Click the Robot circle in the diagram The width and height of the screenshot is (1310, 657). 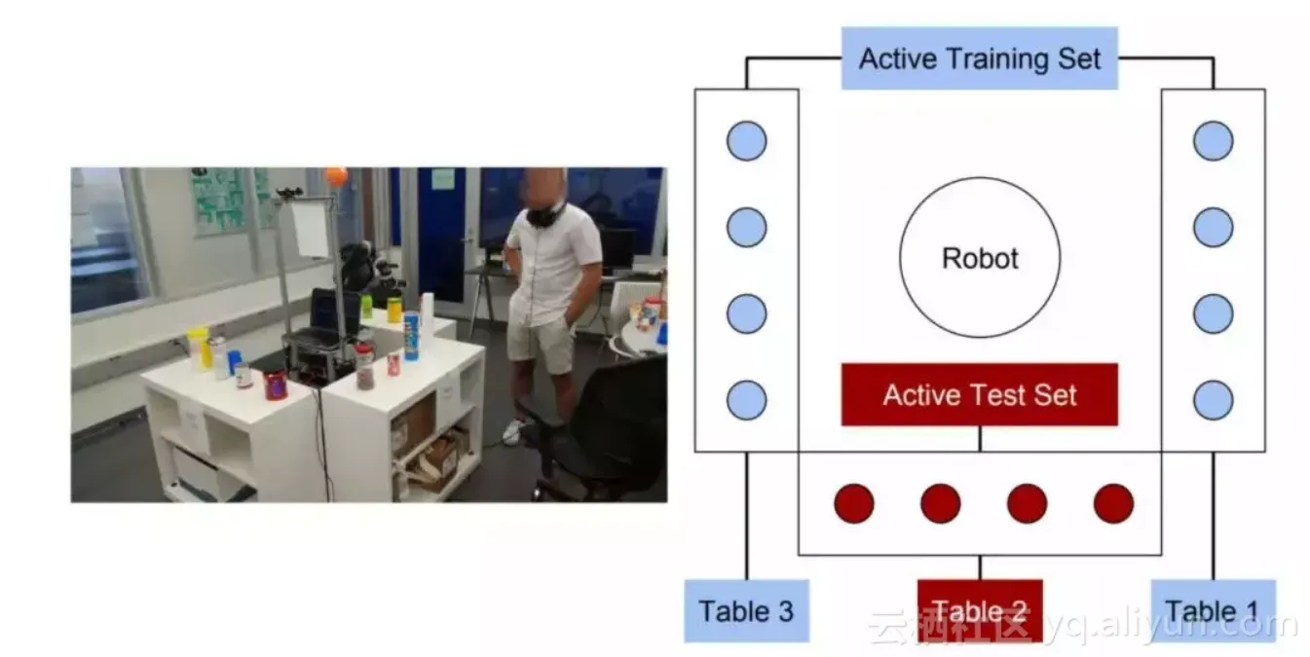pos(979,258)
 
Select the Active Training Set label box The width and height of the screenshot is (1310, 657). pos(979,58)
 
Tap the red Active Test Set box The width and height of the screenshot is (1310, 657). pos(979,395)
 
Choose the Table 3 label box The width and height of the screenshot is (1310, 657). pos(746,611)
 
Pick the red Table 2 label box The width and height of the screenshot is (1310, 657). pos(980,610)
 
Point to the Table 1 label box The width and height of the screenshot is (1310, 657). pos(1213,611)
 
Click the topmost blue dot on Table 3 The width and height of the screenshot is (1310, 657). pos(746,141)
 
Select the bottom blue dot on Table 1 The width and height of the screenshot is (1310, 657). pos(1213,400)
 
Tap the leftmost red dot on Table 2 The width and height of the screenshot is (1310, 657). pos(854,503)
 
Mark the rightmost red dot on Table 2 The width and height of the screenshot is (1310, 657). pos(1113,503)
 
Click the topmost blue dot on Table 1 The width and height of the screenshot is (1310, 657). pos(1213,141)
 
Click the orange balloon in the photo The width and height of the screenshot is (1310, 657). pos(336,177)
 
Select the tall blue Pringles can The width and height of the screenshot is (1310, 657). pos(411,336)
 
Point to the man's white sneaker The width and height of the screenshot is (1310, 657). pos(512,432)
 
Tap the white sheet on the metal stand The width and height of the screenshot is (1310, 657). pos(311,230)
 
